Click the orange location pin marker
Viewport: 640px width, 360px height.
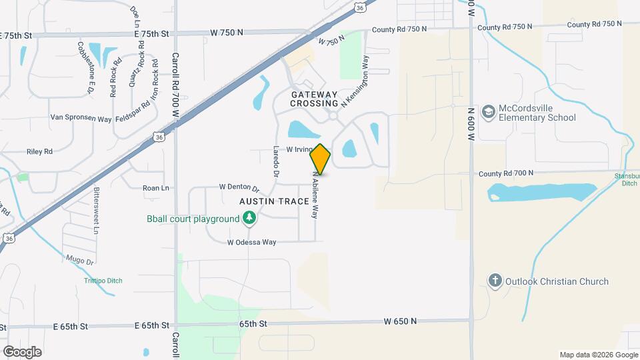tap(320, 159)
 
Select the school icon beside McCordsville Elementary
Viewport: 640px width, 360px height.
tap(488, 111)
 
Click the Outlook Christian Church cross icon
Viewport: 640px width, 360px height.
tap(495, 281)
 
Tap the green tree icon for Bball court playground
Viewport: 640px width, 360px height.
tap(249, 218)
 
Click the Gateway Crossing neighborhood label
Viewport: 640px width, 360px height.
tap(315, 99)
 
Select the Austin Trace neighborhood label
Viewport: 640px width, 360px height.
tap(275, 201)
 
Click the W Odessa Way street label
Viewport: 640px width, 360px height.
tap(251, 243)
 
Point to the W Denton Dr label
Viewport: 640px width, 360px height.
tap(239, 187)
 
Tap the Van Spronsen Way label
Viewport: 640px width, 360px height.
tap(81, 118)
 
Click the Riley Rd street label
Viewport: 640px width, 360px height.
tap(39, 152)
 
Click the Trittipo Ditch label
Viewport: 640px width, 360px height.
tap(99, 281)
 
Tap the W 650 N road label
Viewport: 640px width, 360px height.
tap(400, 321)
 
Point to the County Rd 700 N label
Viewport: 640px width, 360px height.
tap(505, 173)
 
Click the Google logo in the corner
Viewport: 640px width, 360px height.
tap(22, 351)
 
